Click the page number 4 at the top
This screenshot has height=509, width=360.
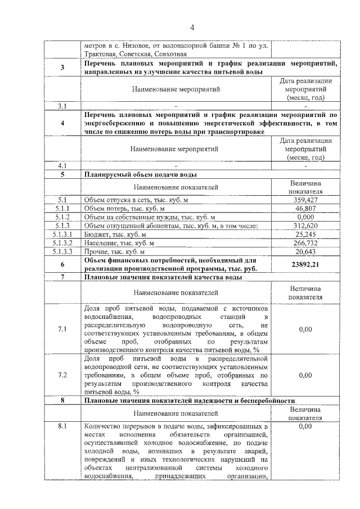click(192, 27)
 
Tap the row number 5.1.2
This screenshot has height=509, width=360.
click(62, 217)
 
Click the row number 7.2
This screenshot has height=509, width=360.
click(62, 374)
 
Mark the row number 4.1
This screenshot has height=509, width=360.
click(62, 166)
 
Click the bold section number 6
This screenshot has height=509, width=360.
click(62, 264)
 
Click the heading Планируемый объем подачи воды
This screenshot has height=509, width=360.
click(140, 174)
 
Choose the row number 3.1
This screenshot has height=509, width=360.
click(62, 105)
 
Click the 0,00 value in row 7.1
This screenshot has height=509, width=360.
click(305, 329)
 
